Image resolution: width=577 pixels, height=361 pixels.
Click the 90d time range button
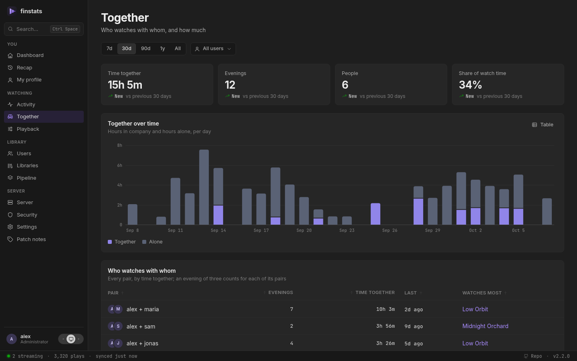[145, 49]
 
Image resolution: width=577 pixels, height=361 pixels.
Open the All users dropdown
[213, 49]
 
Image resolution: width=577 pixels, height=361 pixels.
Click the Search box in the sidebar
[44, 29]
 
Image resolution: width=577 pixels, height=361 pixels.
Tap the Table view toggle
[543, 125]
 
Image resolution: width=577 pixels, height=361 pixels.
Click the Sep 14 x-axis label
[218, 230]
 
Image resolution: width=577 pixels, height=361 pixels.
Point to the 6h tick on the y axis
[119, 165]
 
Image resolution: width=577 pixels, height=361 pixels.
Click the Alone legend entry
[152, 242]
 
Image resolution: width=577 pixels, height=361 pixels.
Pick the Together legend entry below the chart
[121, 242]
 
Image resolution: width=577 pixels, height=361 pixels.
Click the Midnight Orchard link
[485, 326]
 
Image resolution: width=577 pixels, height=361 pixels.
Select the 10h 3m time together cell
[385, 309]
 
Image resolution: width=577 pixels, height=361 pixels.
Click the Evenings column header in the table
[280, 293]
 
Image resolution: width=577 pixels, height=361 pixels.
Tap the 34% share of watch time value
[470, 85]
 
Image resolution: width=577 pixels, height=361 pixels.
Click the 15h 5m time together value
[125, 85]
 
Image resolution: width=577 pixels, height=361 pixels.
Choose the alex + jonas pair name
[143, 343]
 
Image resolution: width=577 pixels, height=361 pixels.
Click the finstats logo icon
[12, 11]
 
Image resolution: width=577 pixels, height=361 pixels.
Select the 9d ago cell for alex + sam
[414, 326]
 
